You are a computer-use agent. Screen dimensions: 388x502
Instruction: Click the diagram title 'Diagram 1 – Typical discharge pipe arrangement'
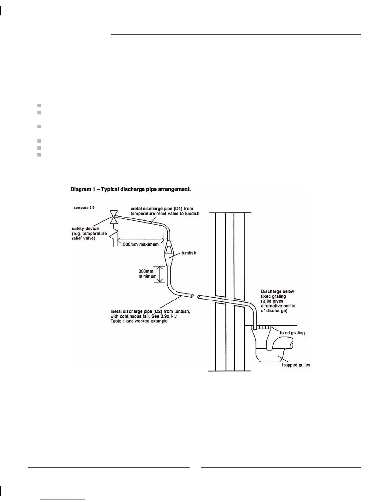click(x=130, y=190)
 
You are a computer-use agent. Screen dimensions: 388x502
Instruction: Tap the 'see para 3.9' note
click(x=84, y=208)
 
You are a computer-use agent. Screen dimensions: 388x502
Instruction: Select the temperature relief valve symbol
click(x=113, y=217)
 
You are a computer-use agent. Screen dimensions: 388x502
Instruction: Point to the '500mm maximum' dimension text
click(x=140, y=244)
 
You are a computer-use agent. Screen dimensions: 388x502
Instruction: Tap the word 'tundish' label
click(x=189, y=253)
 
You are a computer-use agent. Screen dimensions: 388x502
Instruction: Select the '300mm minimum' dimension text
click(x=147, y=274)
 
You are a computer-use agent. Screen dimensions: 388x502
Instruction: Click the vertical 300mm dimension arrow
click(x=161, y=274)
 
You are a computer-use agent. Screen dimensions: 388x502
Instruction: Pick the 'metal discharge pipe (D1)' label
click(x=165, y=211)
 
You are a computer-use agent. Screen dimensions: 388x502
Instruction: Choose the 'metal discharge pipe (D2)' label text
click(x=150, y=316)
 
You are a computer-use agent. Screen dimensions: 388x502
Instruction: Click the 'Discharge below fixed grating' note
click(x=278, y=301)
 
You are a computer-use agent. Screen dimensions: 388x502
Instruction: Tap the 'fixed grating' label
click(x=292, y=333)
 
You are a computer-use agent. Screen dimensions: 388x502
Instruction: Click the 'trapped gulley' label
click(x=296, y=365)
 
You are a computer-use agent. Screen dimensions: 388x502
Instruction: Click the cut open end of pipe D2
click(x=191, y=296)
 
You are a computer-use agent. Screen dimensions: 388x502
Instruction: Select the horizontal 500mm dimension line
click(x=140, y=240)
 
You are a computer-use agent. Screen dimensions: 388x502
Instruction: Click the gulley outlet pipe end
click(x=293, y=344)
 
